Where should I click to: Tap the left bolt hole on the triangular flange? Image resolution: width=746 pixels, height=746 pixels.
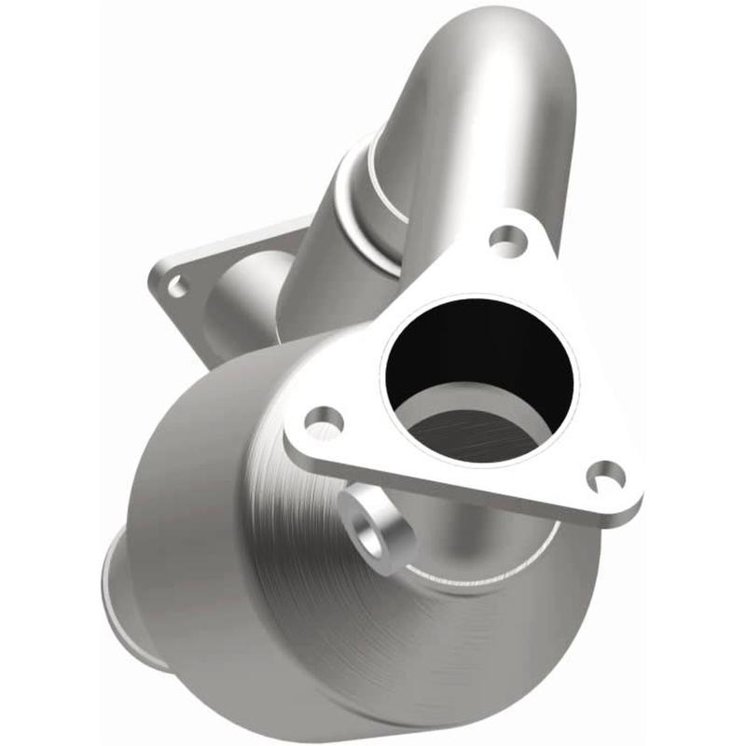point(324,425)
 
